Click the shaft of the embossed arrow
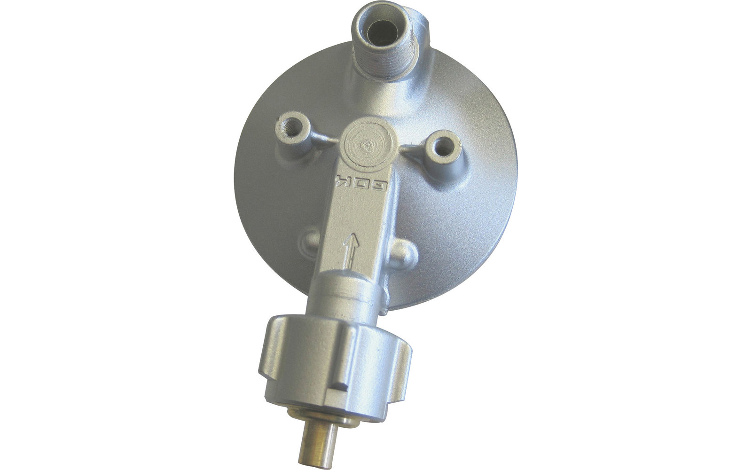coord(349,262)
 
